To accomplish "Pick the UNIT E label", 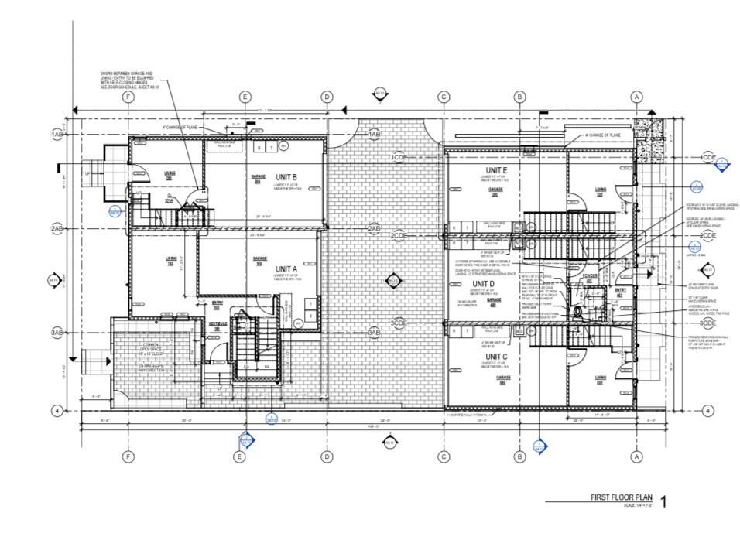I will pos(496,170).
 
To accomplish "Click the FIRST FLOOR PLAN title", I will pos(619,497).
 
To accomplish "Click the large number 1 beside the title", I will pos(662,501).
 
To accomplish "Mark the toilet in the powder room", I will pos(578,311).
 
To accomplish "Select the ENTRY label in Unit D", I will pos(619,291).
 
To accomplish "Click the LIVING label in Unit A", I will pos(170,259).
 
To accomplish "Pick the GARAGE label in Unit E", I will pos(496,190).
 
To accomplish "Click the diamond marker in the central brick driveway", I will pos(393,281).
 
